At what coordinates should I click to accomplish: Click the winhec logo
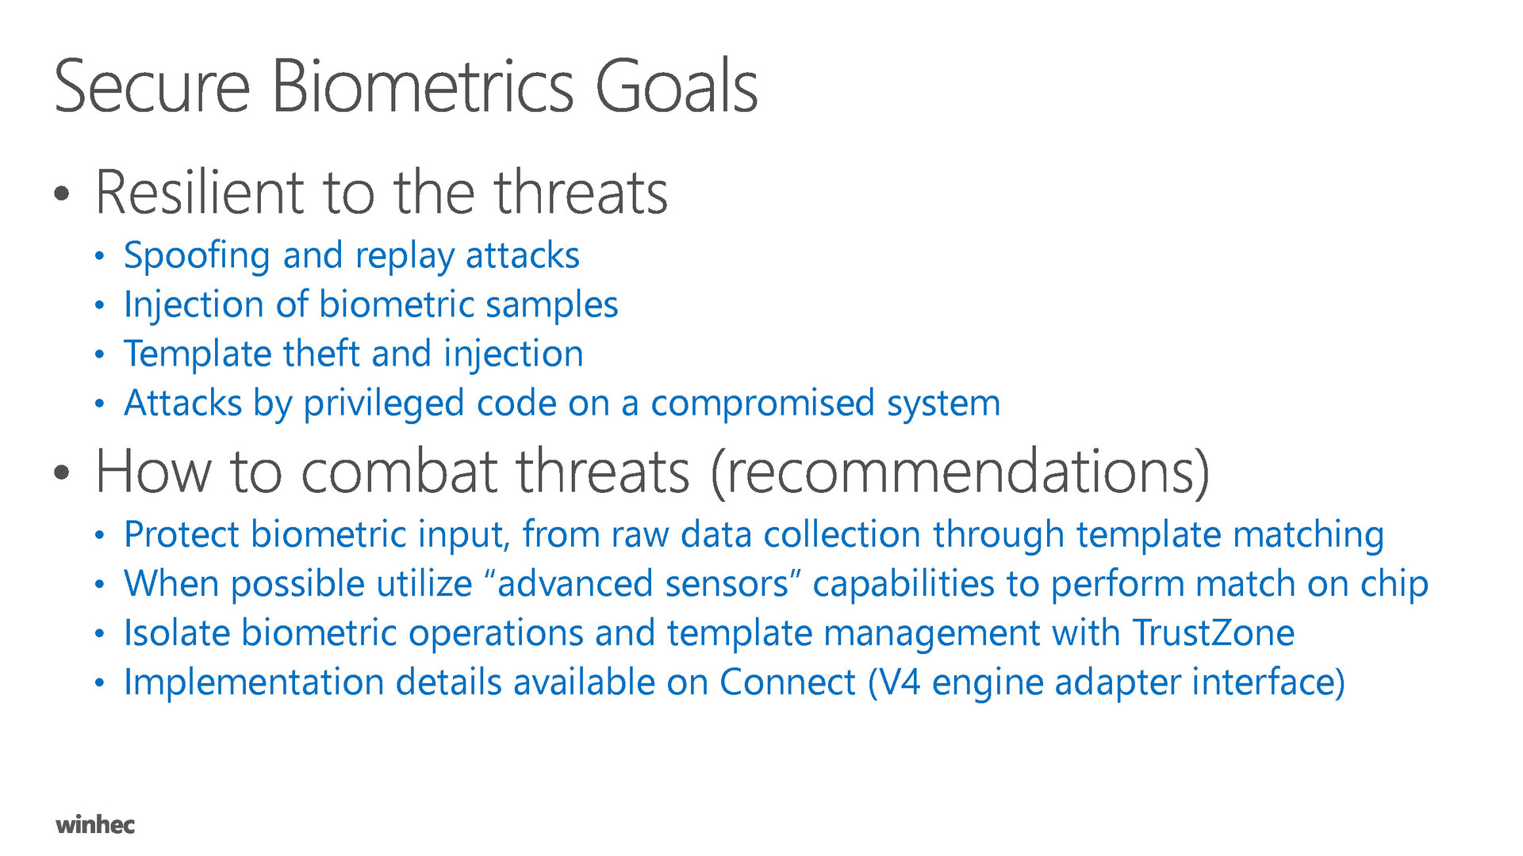coord(95,824)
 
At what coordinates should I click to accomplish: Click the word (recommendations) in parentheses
coord(960,472)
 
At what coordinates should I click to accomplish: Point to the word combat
coord(399,472)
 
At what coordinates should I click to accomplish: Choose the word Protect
coord(182,534)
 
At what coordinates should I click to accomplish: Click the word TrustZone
coord(1213,633)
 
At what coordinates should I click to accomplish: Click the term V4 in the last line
coord(900,682)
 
